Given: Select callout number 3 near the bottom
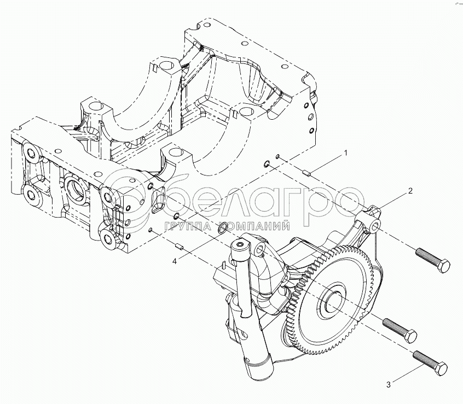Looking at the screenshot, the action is point(389,385).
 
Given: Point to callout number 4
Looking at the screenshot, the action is point(175,261).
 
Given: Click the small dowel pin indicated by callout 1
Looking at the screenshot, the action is point(308,173).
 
